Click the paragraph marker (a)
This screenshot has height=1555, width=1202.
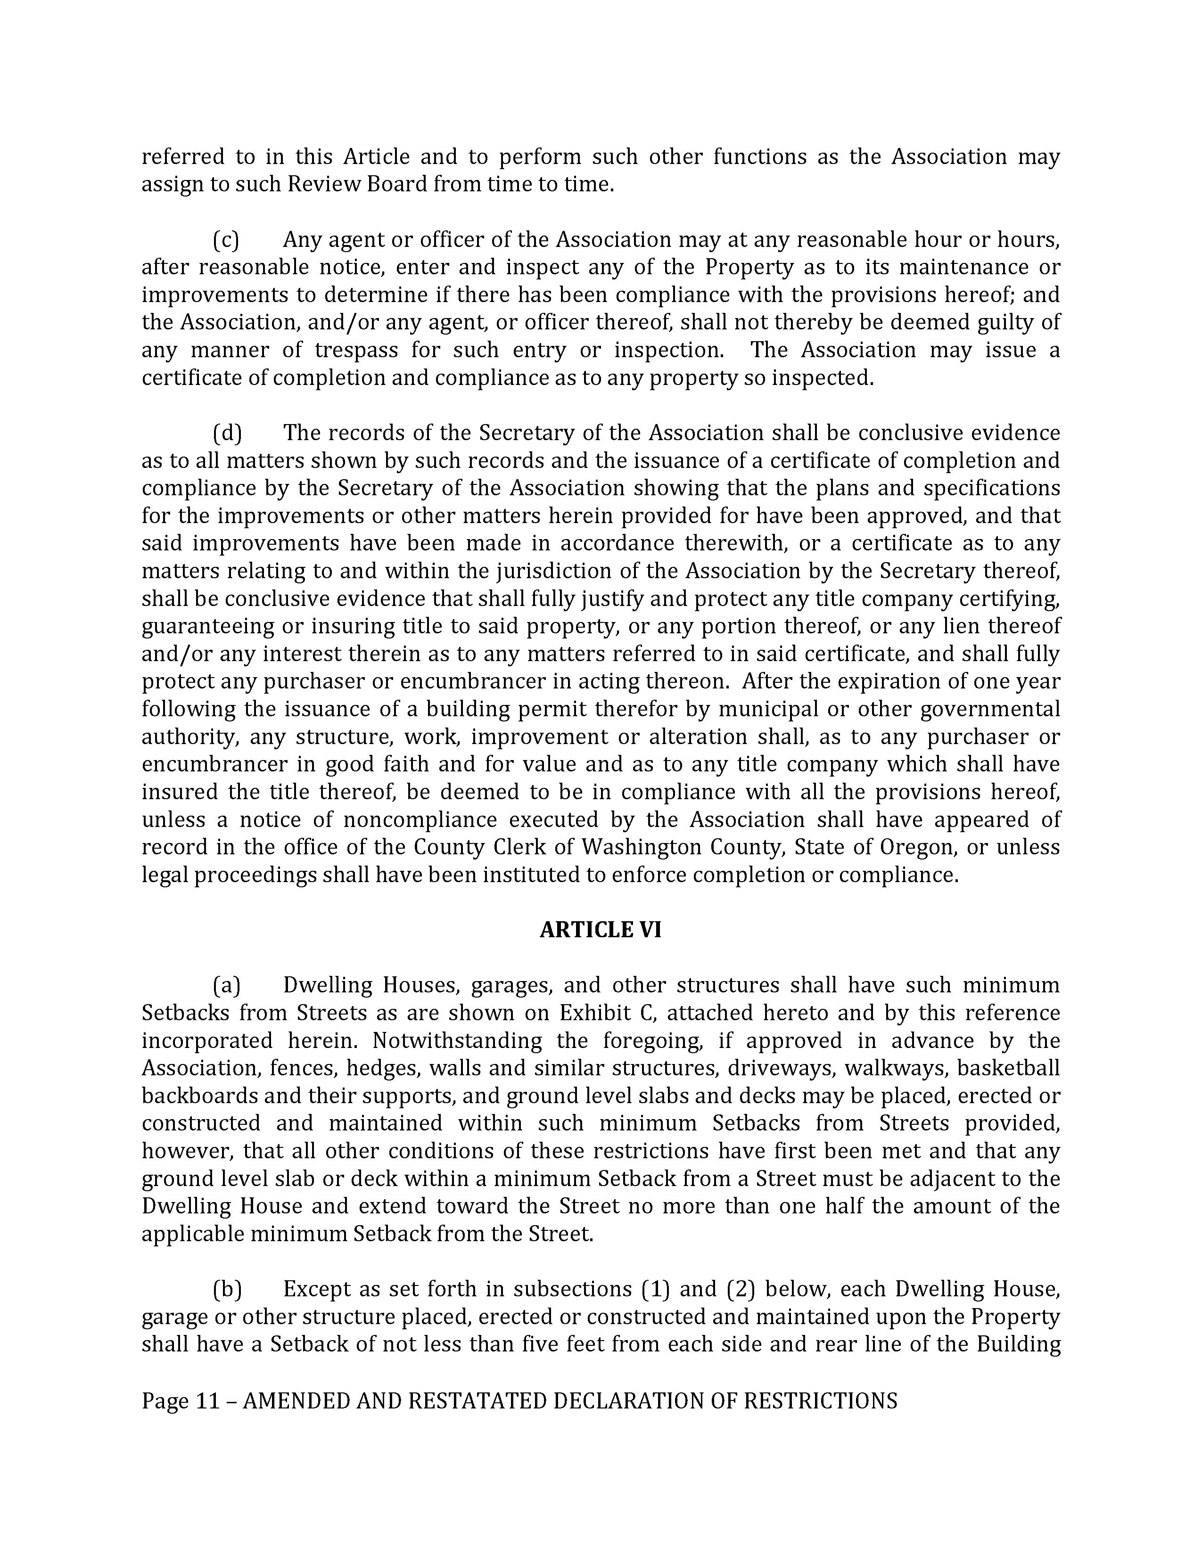pos(226,985)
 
